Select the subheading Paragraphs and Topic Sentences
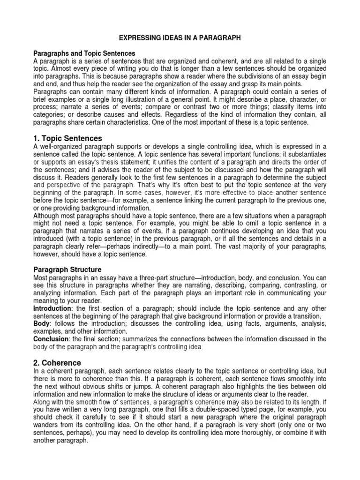[84, 54]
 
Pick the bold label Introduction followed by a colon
[52, 309]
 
